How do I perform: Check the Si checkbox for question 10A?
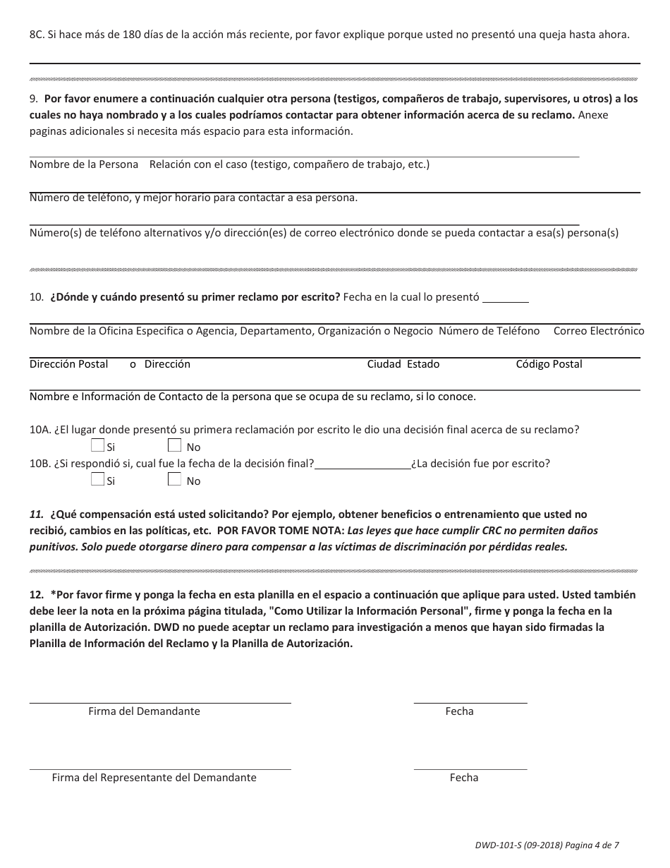[x=98, y=445]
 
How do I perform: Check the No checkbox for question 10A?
[x=175, y=445]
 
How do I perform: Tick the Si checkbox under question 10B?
[x=98, y=479]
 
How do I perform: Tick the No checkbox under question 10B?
[x=175, y=479]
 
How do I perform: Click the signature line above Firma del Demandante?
[x=160, y=701]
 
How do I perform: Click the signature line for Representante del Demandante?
[x=160, y=768]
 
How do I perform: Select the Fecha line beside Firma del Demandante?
[x=470, y=701]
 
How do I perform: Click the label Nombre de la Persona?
[x=84, y=164]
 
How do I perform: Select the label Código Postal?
[x=549, y=364]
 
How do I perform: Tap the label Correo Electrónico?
[x=599, y=331]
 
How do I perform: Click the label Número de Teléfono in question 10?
[x=489, y=331]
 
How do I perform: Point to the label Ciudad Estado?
[x=403, y=364]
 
